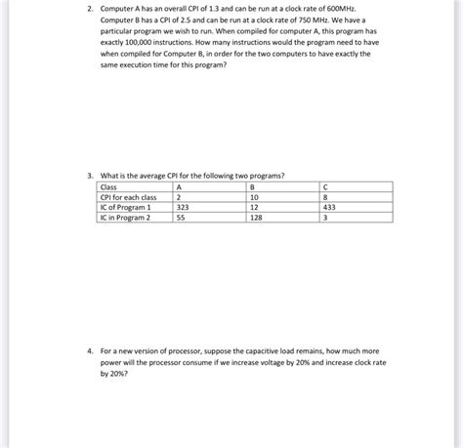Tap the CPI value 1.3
(x=212, y=9)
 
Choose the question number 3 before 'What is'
(x=89, y=175)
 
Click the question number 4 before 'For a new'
(x=89, y=348)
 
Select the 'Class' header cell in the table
(x=109, y=185)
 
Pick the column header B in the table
(x=252, y=185)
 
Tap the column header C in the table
(x=323, y=185)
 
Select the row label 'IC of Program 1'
(x=126, y=207)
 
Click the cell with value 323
(x=183, y=207)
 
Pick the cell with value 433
(x=328, y=207)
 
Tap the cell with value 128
(x=256, y=218)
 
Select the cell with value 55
(x=180, y=218)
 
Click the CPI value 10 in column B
(x=254, y=196)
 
